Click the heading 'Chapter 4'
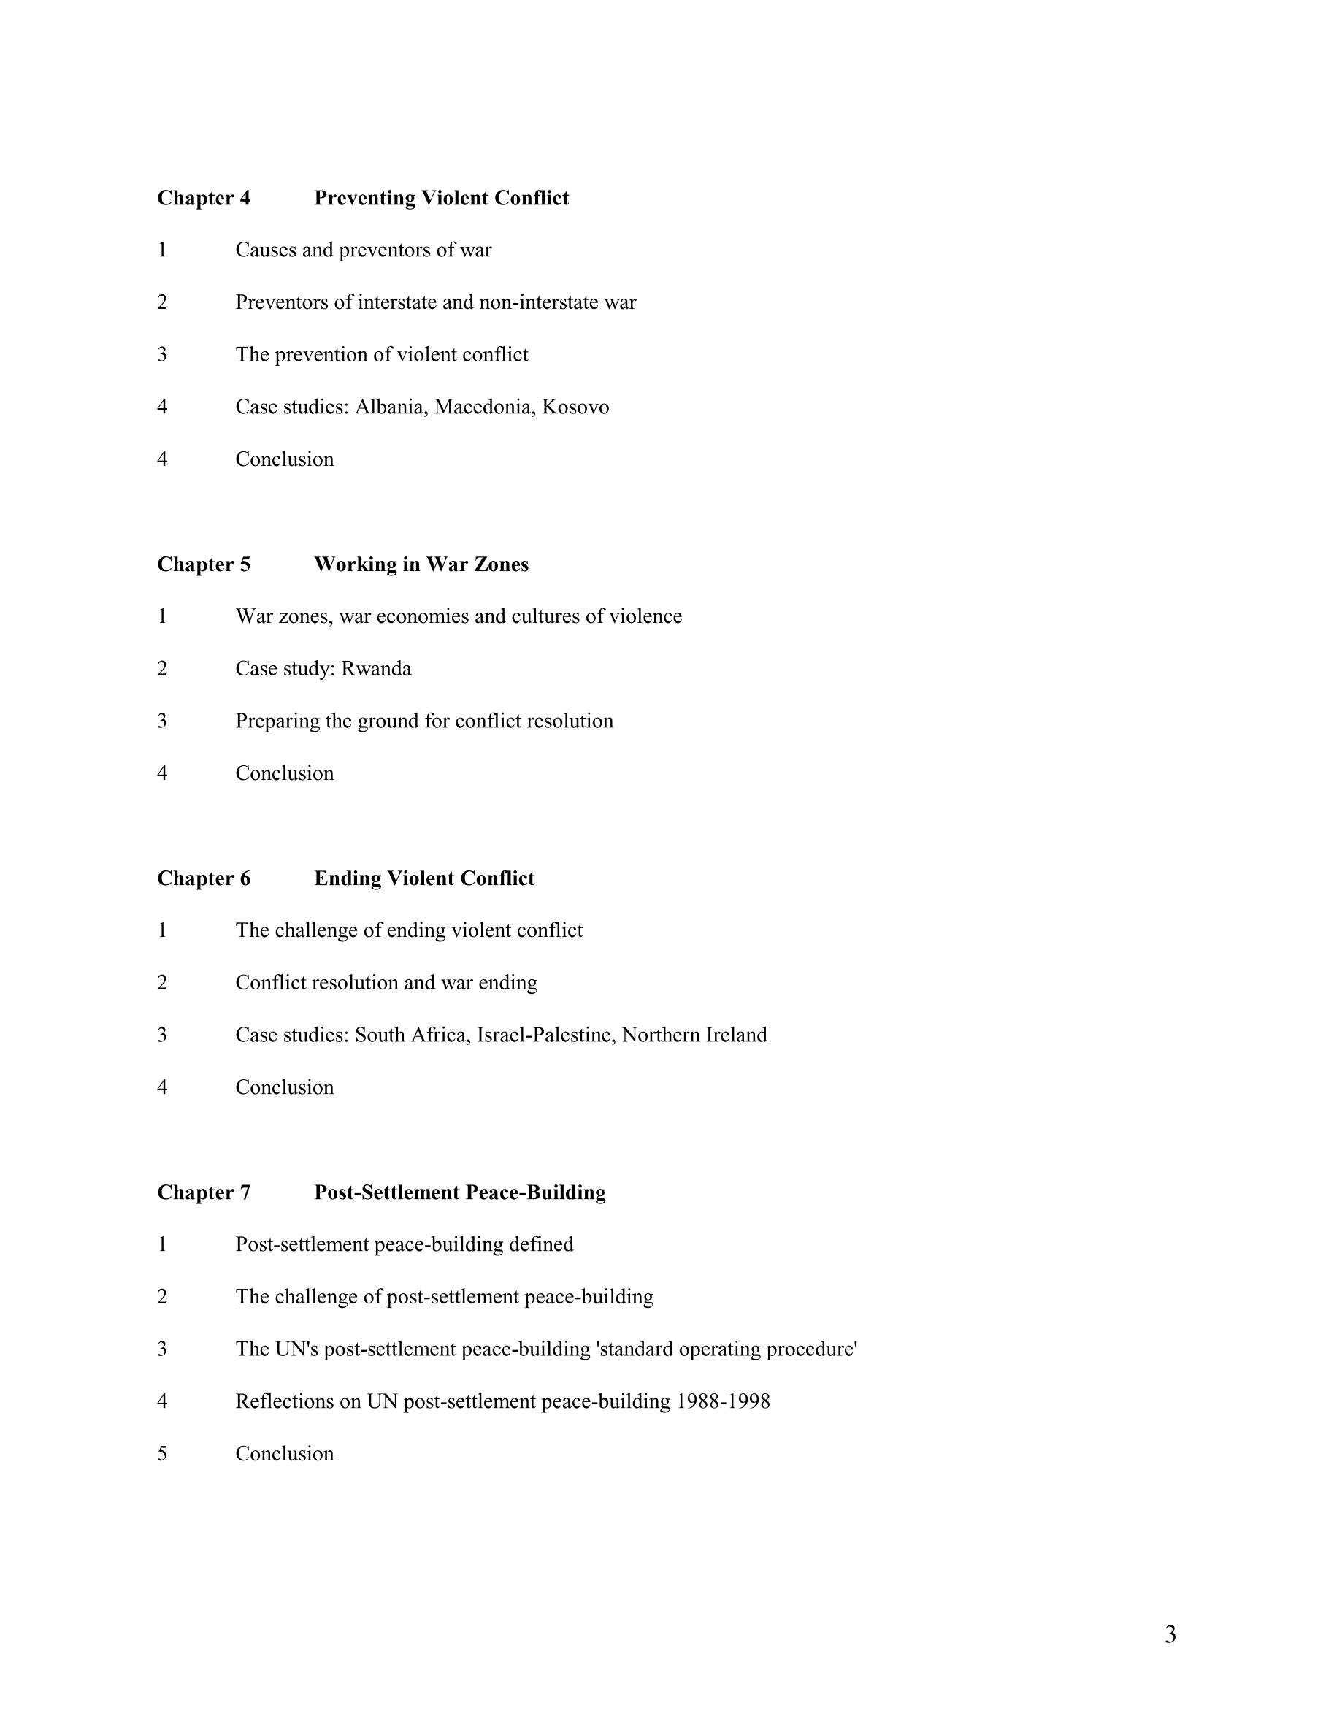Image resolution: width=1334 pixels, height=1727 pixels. [x=203, y=198]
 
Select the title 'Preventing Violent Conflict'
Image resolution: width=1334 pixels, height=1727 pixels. [x=441, y=198]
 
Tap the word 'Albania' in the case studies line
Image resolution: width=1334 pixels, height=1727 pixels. [x=389, y=407]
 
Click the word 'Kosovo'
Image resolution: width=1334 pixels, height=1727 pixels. [x=575, y=407]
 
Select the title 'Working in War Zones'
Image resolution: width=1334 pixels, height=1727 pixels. [x=421, y=564]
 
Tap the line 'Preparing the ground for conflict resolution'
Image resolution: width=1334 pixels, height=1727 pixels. [x=423, y=721]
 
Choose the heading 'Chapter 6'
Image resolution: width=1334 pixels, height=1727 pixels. [x=203, y=878]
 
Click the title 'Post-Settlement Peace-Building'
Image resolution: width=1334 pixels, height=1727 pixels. [x=459, y=1192]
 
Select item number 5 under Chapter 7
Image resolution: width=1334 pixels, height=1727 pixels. [x=162, y=1454]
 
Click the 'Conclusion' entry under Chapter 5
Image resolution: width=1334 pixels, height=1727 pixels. [x=284, y=773]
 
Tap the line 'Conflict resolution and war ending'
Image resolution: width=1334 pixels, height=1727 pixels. [x=386, y=983]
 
